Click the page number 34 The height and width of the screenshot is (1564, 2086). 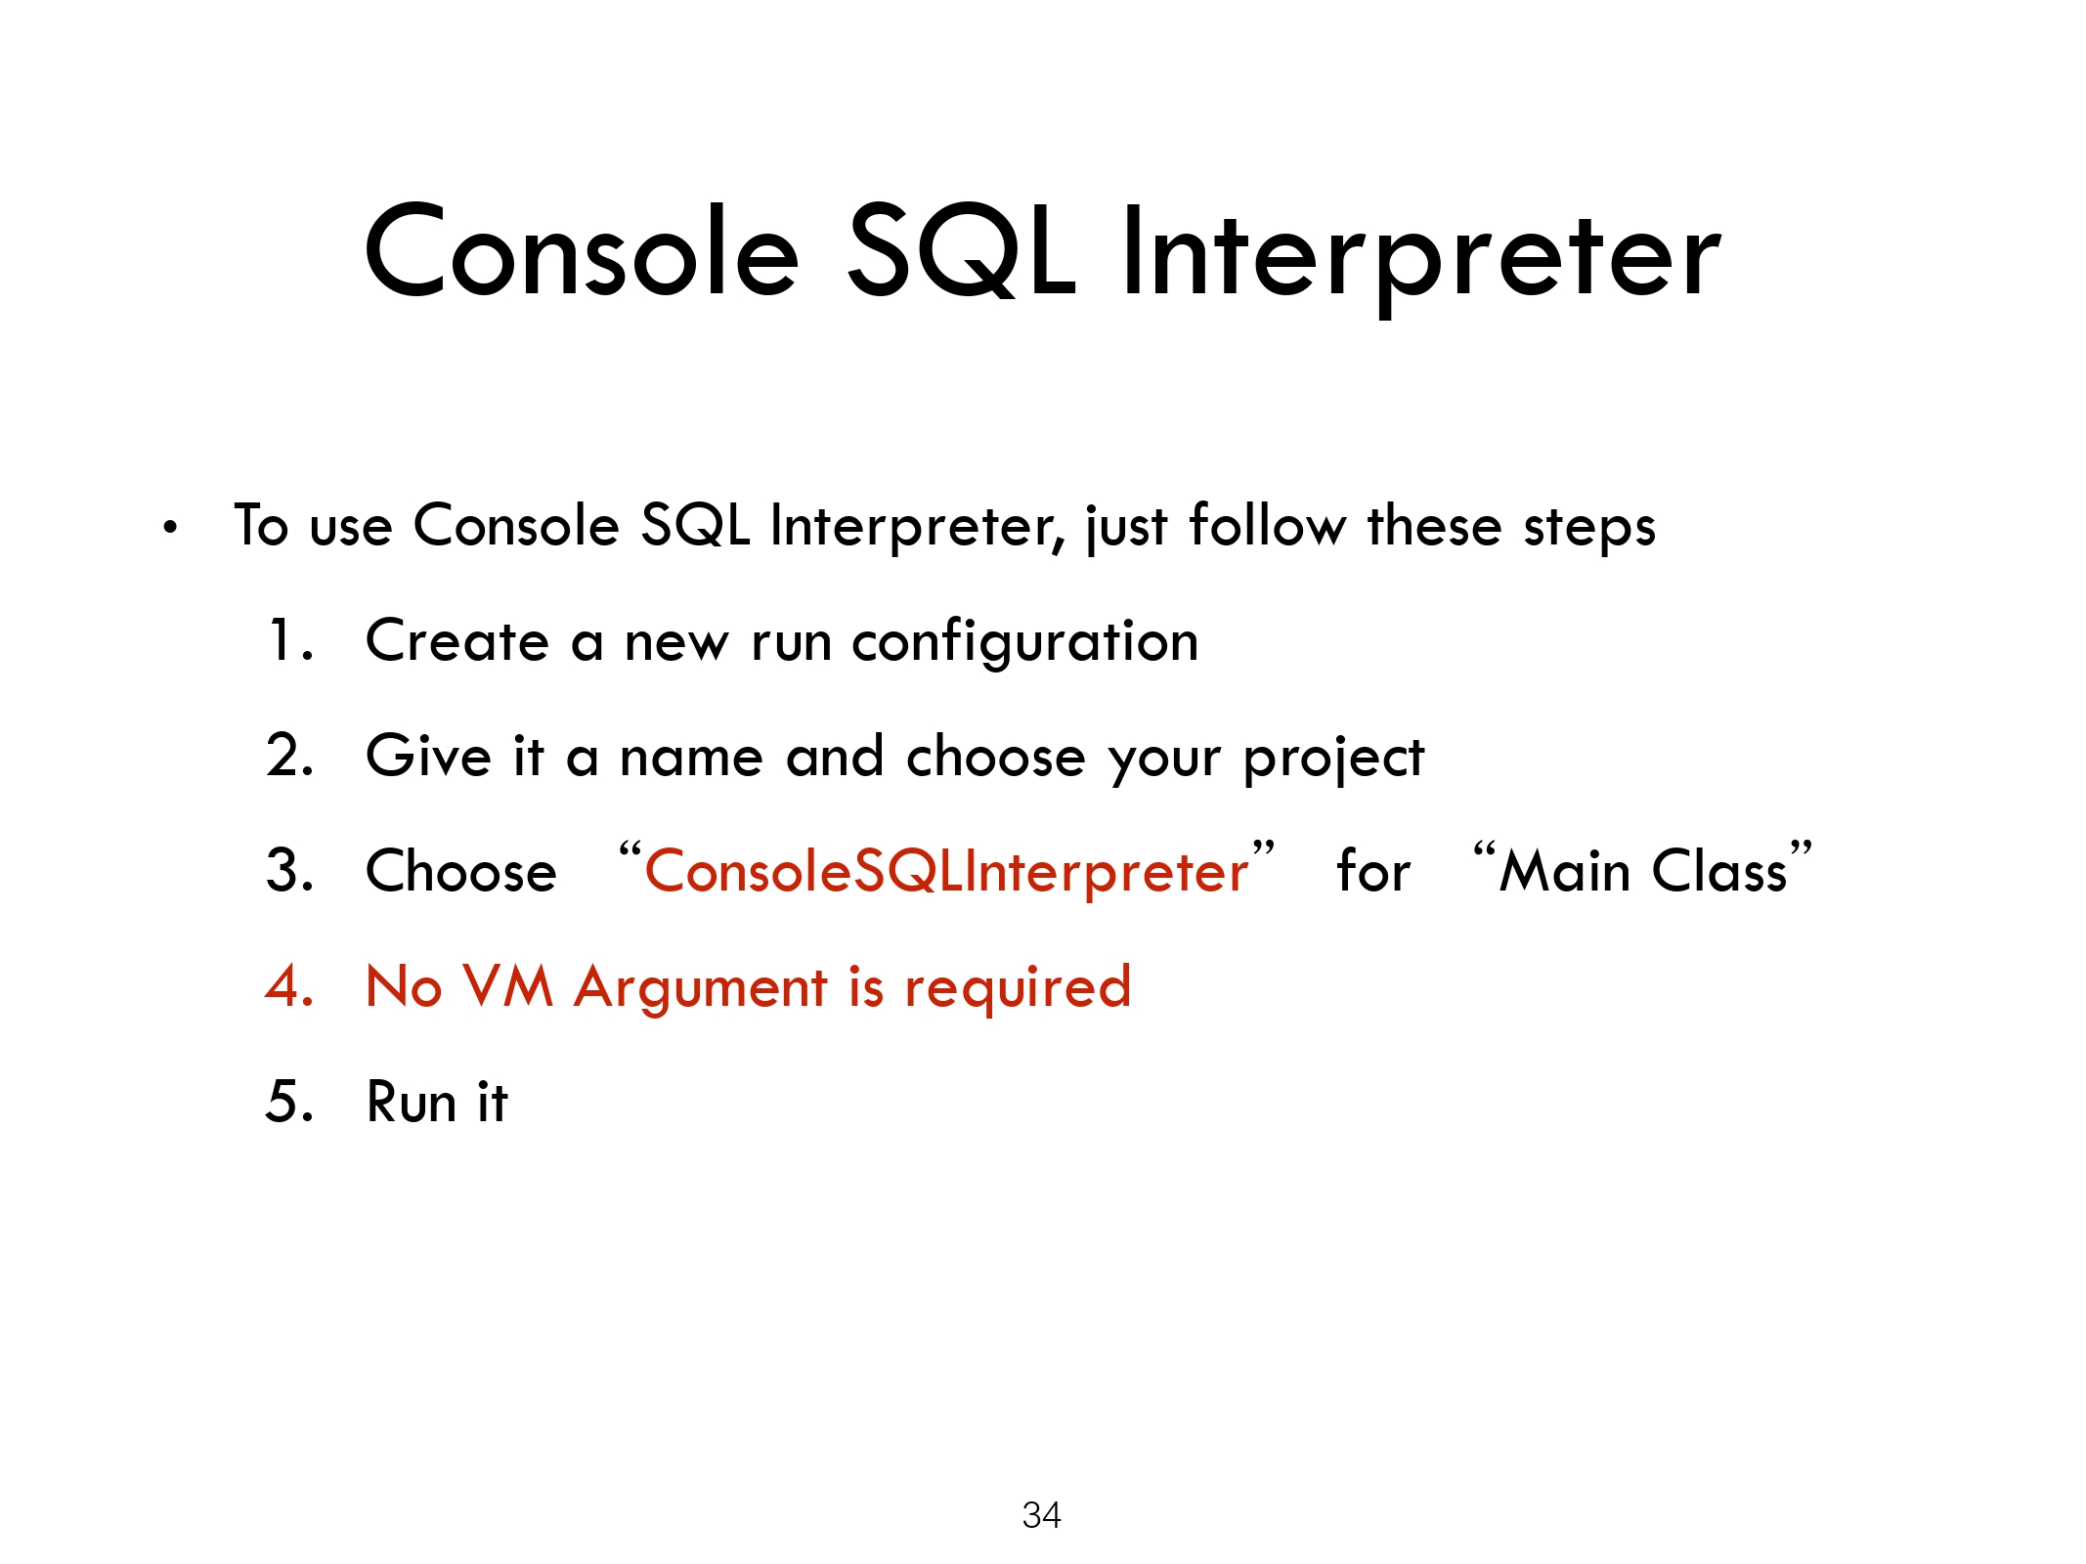coord(1041,1515)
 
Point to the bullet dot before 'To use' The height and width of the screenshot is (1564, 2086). coord(171,529)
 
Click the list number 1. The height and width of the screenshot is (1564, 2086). coord(290,640)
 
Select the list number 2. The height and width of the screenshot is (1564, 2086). coord(289,756)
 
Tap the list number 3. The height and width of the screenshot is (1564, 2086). coord(289,870)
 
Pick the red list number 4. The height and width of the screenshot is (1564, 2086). coord(289,985)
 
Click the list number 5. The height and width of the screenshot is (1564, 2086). coord(289,1101)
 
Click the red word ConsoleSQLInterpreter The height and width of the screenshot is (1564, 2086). coord(946,872)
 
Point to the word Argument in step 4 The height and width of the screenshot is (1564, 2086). coord(701,989)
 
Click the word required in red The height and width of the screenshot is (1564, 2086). coord(1018,989)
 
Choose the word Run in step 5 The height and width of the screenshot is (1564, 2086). coord(412,1102)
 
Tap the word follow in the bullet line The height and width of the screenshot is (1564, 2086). coord(1267,525)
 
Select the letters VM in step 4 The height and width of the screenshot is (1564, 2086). coord(506,986)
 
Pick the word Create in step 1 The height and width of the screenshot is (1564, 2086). coord(457,641)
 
